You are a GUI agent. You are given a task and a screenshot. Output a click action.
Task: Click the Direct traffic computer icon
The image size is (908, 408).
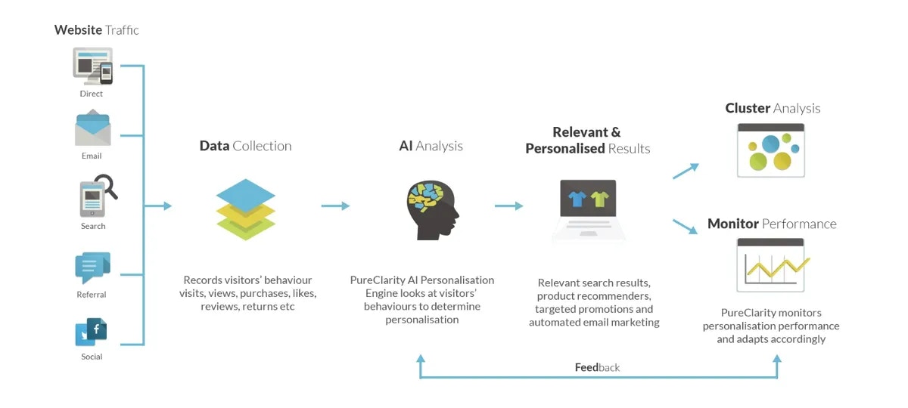pos(92,66)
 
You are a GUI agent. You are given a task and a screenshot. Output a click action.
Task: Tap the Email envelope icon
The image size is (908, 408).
pos(92,128)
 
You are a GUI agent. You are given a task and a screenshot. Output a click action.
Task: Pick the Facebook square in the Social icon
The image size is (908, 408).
pos(97,329)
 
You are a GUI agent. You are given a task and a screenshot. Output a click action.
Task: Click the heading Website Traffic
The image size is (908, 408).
pos(96,30)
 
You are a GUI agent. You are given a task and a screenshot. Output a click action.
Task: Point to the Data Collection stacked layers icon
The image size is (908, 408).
pos(245,209)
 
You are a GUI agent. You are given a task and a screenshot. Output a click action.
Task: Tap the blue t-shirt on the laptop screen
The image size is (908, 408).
pos(577,198)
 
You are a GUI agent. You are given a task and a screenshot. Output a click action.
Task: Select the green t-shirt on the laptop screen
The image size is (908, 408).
pos(600,198)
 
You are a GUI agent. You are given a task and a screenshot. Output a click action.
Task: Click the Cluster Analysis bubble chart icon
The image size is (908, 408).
pos(771,150)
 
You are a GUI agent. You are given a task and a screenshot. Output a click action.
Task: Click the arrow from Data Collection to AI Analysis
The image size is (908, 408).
pos(335,206)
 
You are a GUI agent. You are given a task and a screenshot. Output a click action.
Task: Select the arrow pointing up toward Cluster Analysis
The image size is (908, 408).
pos(686,171)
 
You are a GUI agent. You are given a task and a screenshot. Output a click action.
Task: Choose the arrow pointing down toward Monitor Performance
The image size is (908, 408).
pos(685,224)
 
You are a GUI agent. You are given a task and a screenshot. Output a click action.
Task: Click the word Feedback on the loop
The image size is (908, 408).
pos(597,367)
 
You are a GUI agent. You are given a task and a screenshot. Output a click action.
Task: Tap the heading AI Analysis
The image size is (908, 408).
pos(431,146)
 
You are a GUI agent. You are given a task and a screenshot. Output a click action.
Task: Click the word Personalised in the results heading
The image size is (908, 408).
pos(565,149)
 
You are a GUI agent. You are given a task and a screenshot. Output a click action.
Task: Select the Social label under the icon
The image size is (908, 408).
pos(92,357)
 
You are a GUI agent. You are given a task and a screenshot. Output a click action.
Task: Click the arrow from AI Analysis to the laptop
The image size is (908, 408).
pos(508,206)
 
